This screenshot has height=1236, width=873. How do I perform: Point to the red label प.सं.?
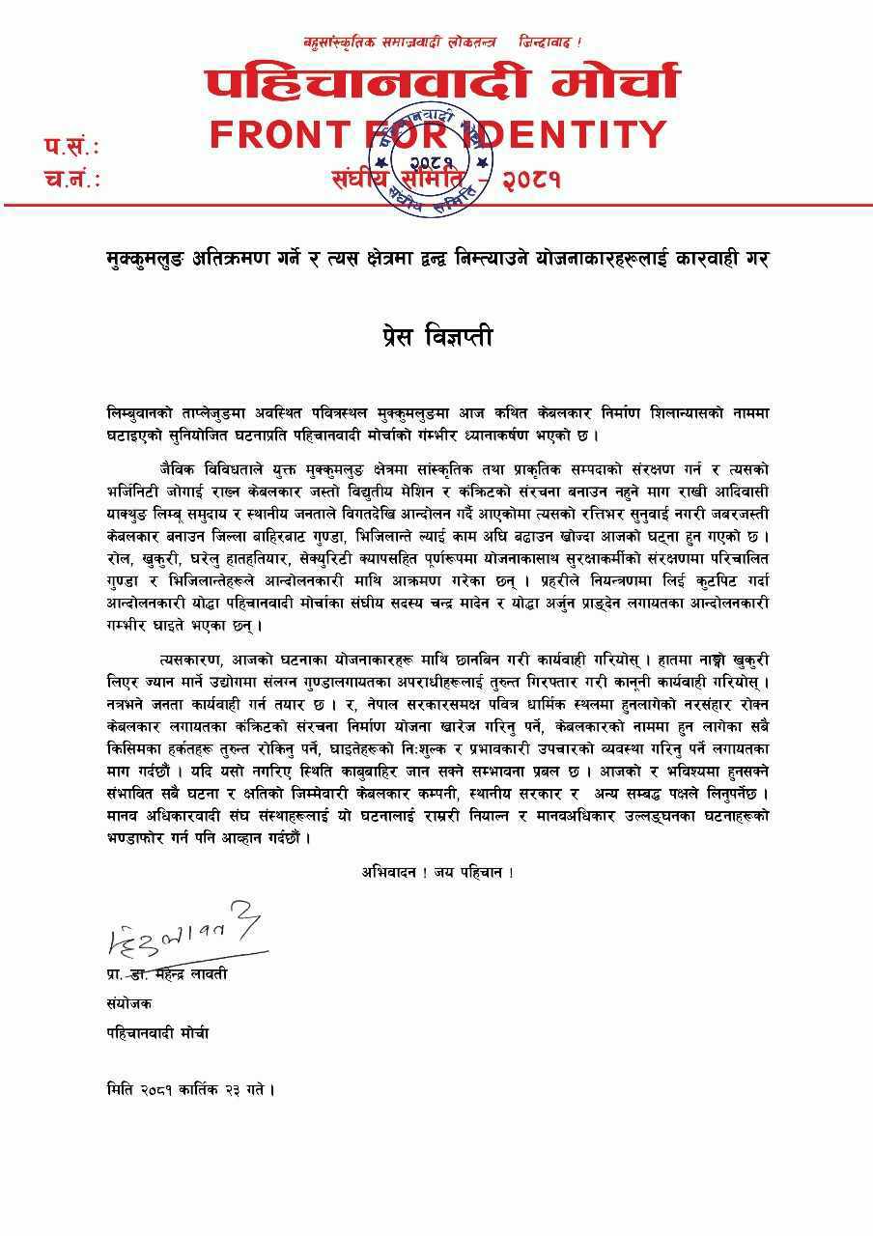click(71, 147)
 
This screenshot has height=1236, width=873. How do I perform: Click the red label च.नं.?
click(71, 179)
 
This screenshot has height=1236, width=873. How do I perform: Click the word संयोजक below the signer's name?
click(128, 1004)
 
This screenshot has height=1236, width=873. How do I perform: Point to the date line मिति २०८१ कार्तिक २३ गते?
click(190, 1090)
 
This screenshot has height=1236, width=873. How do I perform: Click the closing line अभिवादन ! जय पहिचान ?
click(436, 872)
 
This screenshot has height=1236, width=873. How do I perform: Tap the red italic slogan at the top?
click(442, 42)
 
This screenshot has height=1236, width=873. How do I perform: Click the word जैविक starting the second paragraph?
click(183, 467)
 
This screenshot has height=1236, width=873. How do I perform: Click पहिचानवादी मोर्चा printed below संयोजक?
click(157, 1033)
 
